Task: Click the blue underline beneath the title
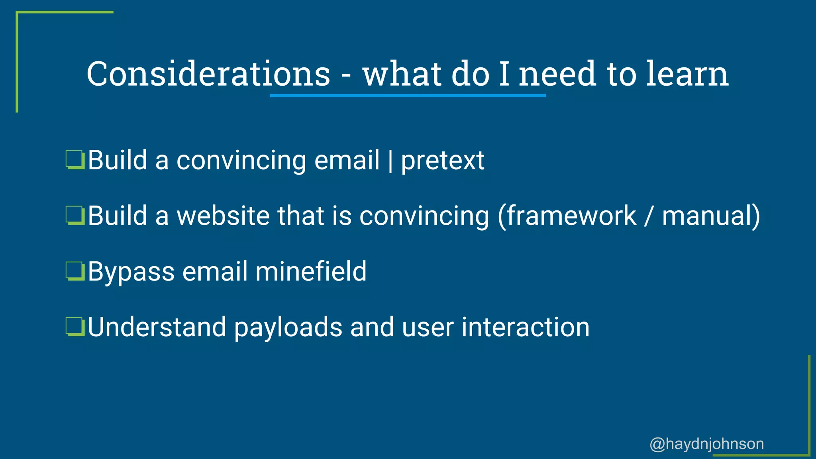click(408, 96)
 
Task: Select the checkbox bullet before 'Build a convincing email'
click(75, 160)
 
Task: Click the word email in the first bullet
click(347, 160)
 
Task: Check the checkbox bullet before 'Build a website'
click(75, 216)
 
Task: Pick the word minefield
click(311, 272)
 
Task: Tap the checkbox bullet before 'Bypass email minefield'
click(75, 272)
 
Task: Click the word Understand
click(157, 328)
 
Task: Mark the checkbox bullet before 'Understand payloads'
click(75, 328)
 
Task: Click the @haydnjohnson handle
click(706, 444)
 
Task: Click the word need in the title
click(557, 74)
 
